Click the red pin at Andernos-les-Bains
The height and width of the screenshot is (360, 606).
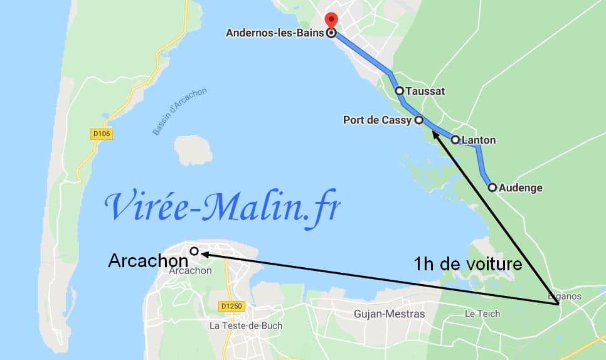[x=331, y=19]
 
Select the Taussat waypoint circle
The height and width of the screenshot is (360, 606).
[x=400, y=91]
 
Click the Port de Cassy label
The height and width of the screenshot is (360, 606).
[x=378, y=120]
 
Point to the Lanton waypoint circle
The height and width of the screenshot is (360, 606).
[x=455, y=140]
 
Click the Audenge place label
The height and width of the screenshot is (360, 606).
[x=521, y=188]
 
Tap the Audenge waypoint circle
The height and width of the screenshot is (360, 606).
[x=492, y=187]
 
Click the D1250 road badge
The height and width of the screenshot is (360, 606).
[x=231, y=306]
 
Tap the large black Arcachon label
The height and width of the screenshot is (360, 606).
[x=148, y=260]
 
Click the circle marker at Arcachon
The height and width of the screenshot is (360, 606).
[x=194, y=251]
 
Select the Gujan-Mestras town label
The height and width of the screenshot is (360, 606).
[x=389, y=314]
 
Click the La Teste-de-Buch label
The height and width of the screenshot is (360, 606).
[x=245, y=326]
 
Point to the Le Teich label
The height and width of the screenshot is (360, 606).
[x=481, y=312]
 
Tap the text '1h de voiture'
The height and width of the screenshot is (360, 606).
[x=468, y=264]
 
